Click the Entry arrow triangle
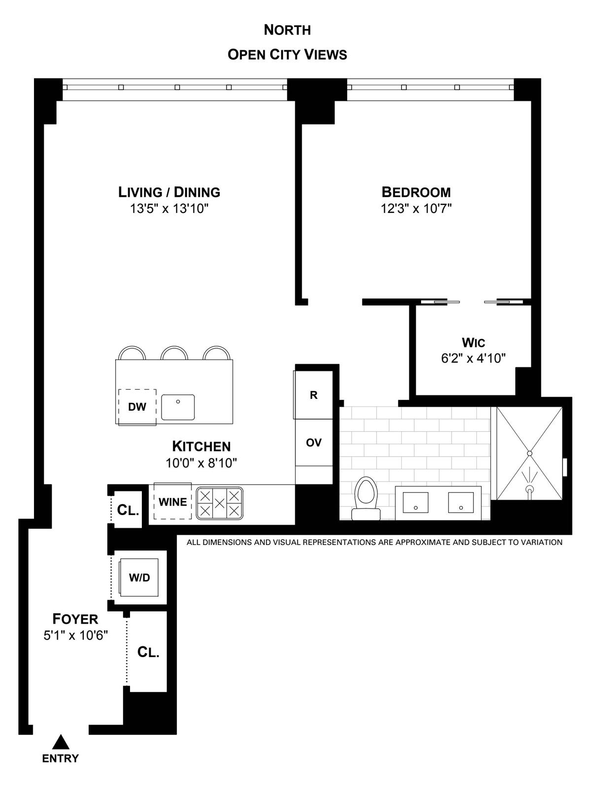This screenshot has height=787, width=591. pyautogui.click(x=60, y=741)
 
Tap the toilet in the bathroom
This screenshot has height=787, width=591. pyautogui.click(x=366, y=498)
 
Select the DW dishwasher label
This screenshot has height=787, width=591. pyautogui.click(x=137, y=407)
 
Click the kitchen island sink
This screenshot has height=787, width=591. pyautogui.click(x=178, y=407)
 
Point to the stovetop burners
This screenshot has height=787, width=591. pyautogui.click(x=220, y=503)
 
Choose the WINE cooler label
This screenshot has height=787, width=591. pyautogui.click(x=172, y=502)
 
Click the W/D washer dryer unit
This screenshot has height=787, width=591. pyautogui.click(x=139, y=577)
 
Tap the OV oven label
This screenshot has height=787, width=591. pyautogui.click(x=314, y=443)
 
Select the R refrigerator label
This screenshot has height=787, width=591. pyautogui.click(x=314, y=395)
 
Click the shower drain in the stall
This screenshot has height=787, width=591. pyautogui.click(x=529, y=454)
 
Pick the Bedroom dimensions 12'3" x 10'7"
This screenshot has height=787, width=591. pyautogui.click(x=416, y=209)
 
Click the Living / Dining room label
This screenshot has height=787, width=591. pyautogui.click(x=169, y=192)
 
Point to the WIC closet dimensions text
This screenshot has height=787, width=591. pyautogui.click(x=473, y=358)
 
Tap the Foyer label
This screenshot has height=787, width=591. pyautogui.click(x=75, y=619)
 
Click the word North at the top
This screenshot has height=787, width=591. pyautogui.click(x=288, y=30)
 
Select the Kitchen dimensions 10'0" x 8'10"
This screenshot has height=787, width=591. pyautogui.click(x=201, y=463)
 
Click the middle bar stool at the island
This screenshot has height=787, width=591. pyautogui.click(x=174, y=353)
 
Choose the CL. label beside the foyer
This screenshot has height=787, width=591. pyautogui.click(x=148, y=652)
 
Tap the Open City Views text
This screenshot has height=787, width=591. pyautogui.click(x=288, y=55)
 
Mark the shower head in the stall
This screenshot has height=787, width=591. pyautogui.click(x=529, y=489)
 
